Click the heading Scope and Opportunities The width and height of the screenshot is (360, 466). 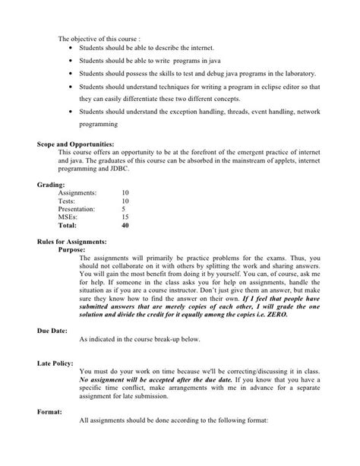click(76, 144)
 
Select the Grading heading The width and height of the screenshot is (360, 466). click(51, 185)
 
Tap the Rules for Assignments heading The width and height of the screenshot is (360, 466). click(68, 243)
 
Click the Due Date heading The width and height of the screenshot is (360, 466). click(52, 331)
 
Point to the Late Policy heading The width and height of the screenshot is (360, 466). click(55, 363)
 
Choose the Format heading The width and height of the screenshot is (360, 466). click(49, 411)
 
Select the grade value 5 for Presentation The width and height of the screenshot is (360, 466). click(124, 209)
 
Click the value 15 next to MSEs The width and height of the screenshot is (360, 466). click(126, 217)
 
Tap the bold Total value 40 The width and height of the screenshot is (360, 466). click(126, 226)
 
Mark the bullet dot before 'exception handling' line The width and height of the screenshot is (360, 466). click(70, 111)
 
